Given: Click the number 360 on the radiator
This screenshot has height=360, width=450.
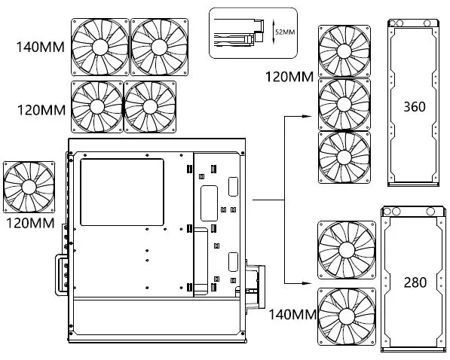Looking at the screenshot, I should pos(415,106).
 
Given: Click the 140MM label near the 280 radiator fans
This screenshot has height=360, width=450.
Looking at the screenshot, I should pos(291,313).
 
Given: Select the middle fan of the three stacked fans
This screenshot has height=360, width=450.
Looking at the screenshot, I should pos(344,103).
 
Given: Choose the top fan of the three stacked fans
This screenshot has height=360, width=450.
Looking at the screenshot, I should pos(344,50).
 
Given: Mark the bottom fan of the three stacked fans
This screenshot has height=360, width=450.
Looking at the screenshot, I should pos(344,157).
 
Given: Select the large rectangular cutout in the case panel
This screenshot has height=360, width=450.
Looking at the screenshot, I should pos(121,191).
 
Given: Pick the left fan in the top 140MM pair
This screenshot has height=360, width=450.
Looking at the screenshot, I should pos(99,47).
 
